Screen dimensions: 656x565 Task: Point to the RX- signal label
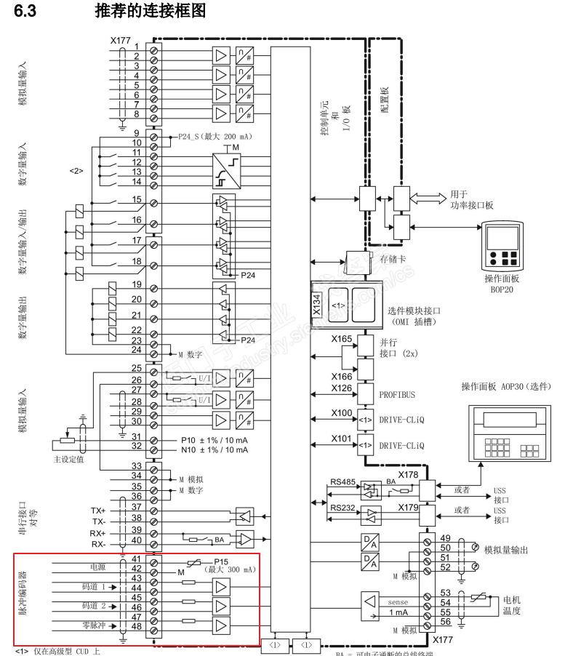[x=100, y=544]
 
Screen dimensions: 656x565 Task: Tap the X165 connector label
[x=342, y=340]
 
